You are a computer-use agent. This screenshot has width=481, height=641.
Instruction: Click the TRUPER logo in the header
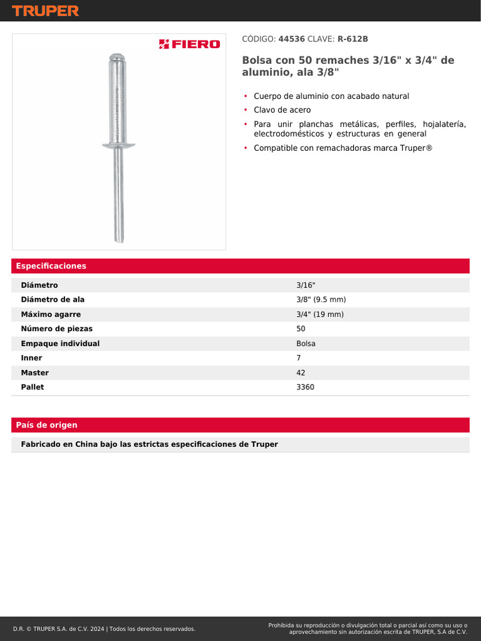point(45,11)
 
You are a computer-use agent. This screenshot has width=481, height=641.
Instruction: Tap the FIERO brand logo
point(189,44)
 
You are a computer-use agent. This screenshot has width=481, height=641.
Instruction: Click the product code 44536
point(291,39)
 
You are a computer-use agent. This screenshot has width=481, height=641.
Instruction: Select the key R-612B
point(353,39)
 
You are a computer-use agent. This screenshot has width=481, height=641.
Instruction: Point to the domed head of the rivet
point(118,57)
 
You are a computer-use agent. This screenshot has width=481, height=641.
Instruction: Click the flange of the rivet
point(118,145)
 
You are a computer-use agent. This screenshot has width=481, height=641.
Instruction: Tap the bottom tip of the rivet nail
point(119,239)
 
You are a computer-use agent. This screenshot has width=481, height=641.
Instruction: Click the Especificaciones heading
point(51,266)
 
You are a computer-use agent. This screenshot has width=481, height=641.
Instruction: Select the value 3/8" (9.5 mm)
point(321,300)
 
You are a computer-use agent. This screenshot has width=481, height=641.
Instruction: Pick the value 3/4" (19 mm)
point(319,314)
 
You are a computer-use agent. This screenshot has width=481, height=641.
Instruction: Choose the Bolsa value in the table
point(306,344)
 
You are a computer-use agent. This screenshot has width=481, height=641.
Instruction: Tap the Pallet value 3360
point(305,387)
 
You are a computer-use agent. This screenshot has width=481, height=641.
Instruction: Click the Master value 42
point(301,372)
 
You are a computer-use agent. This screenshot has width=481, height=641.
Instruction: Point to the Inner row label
point(31,358)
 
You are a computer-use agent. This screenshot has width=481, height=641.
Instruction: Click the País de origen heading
point(47,425)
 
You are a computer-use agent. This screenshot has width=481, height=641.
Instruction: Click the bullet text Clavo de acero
point(282,110)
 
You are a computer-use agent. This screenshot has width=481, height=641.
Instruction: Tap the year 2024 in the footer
point(96,628)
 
